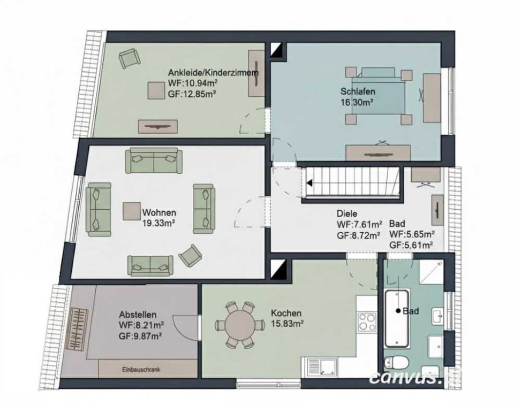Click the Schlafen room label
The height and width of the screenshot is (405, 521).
point(358,91)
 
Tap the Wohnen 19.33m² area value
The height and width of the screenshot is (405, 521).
point(159,223)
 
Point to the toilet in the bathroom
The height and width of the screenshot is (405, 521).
point(396,363)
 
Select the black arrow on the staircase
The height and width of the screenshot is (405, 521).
point(309,183)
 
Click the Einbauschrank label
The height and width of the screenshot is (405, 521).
point(141,369)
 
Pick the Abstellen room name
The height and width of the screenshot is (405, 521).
point(138,315)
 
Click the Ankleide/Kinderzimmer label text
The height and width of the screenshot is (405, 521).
point(213,72)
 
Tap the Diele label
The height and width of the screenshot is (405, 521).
point(347,213)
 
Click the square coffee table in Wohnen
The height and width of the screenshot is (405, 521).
point(132,211)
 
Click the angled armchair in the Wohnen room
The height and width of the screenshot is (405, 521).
point(191,256)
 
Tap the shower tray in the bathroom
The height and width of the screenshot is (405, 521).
point(431,272)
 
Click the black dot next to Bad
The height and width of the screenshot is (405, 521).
point(398,311)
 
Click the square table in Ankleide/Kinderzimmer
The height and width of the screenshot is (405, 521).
point(156,90)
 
